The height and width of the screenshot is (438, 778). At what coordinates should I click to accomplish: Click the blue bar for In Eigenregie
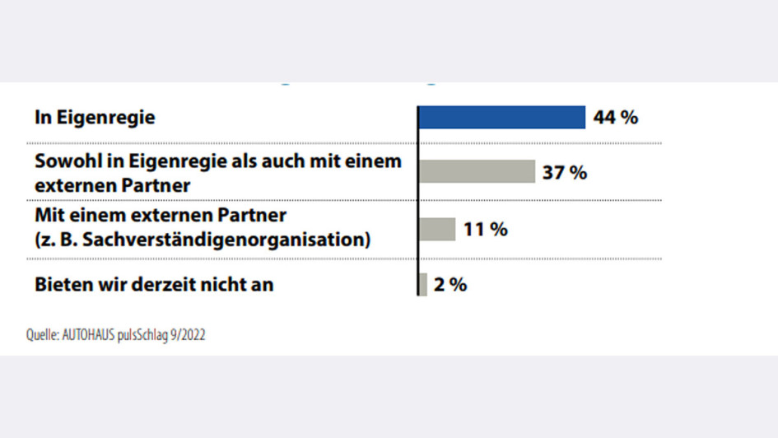tap(501, 117)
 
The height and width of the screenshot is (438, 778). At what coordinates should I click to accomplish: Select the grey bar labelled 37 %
tap(477, 171)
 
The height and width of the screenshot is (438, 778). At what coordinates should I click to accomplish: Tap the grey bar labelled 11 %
tap(437, 229)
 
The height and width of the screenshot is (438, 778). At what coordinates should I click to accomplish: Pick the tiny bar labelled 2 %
tap(423, 284)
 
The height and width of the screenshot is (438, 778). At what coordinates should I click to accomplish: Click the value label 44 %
tap(616, 117)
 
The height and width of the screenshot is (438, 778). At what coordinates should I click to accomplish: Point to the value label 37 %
tap(565, 172)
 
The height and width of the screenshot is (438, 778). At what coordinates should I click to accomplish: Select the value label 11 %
tap(485, 229)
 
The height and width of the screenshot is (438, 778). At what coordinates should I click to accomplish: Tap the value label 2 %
tap(452, 285)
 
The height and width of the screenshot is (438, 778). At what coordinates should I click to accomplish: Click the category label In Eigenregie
tap(95, 118)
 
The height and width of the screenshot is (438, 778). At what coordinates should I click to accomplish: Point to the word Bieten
tap(62, 285)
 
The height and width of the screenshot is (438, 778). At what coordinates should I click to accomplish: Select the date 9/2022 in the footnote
tap(189, 336)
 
